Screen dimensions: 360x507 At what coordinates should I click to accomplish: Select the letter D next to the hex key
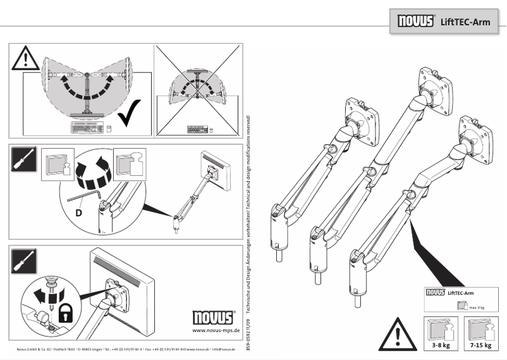78,213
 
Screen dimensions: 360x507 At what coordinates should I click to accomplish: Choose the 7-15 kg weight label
481,346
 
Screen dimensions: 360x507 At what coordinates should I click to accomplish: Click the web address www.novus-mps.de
215,330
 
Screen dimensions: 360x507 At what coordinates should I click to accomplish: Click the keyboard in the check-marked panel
87,128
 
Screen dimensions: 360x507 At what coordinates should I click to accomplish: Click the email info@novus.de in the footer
224,349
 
